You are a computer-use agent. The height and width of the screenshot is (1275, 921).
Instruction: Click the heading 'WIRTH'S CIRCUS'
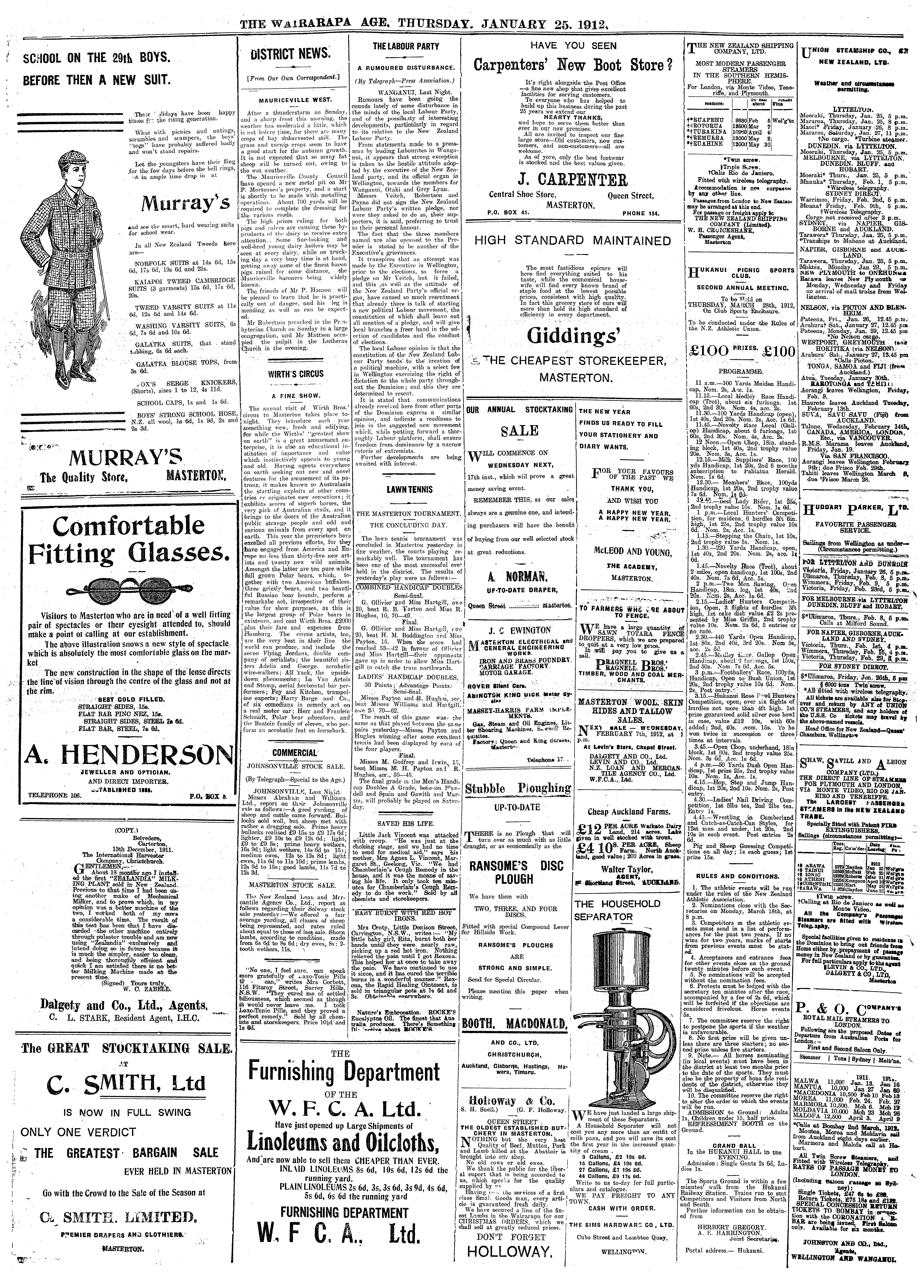coord(292,374)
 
